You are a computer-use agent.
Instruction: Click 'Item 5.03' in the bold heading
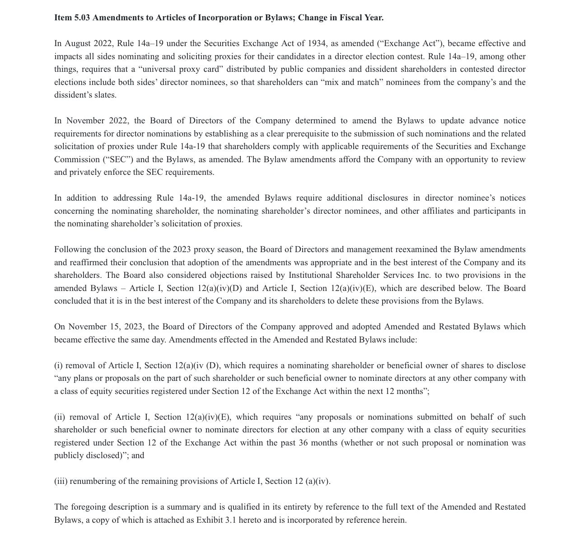coord(72,18)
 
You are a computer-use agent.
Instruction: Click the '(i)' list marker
coord(59,366)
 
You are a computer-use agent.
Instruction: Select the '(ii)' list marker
coord(60,417)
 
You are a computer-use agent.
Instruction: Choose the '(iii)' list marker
coord(61,481)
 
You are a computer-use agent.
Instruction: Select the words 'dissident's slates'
coord(85,95)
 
